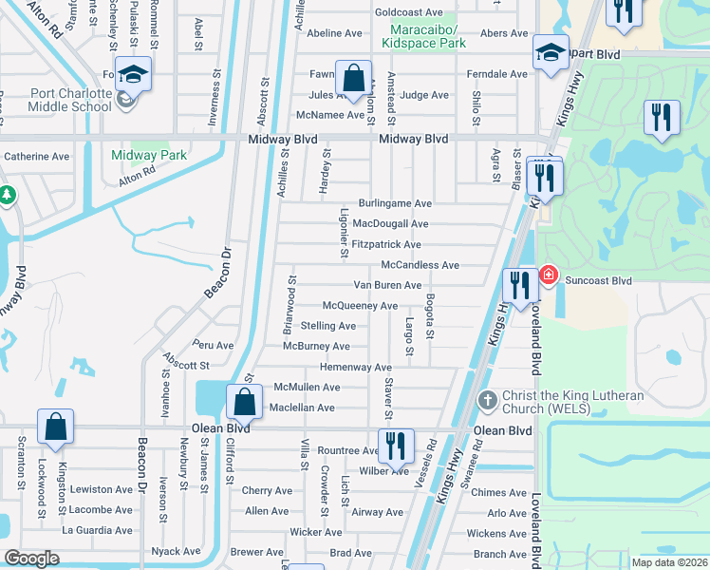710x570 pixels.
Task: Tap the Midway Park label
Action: coord(148,155)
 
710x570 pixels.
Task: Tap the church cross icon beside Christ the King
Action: coord(487,399)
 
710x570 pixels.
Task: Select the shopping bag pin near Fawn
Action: coord(353,79)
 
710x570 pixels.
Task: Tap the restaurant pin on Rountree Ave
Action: coord(395,445)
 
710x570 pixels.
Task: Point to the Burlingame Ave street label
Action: coord(395,203)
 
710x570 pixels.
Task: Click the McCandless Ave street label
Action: coord(420,265)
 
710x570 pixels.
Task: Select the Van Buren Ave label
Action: coord(387,285)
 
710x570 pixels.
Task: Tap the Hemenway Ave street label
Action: coord(356,367)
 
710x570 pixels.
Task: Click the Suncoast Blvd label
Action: coord(598,281)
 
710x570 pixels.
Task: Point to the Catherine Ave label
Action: coord(37,156)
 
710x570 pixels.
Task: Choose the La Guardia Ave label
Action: coord(99,529)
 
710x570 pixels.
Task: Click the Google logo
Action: coord(31,558)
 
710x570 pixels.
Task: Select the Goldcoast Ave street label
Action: coord(409,12)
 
